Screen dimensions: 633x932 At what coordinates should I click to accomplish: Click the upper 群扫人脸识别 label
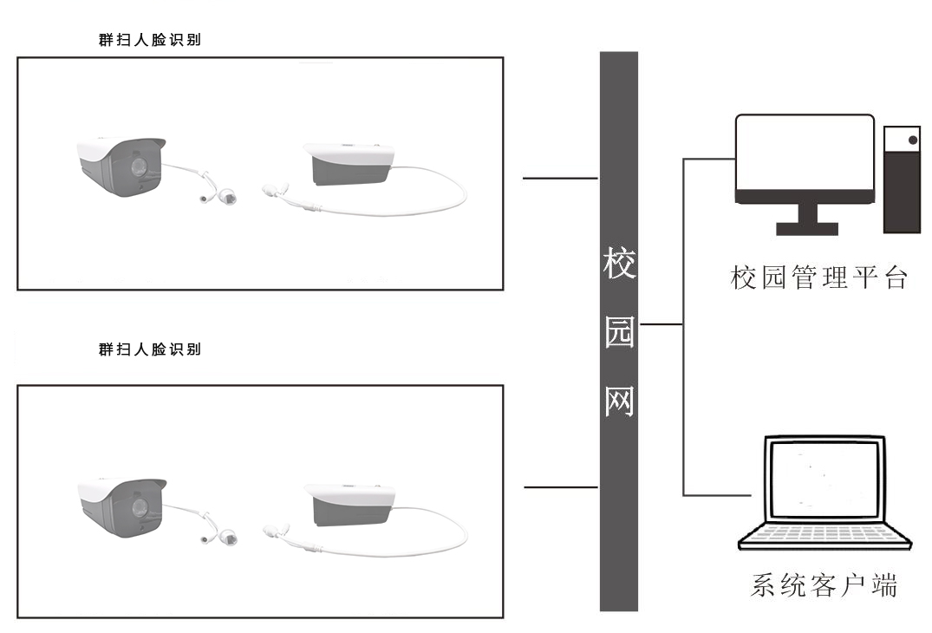tap(149, 40)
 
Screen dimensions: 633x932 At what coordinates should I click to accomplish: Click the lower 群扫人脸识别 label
tap(149, 349)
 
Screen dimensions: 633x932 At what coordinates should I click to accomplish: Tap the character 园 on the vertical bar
tap(619, 332)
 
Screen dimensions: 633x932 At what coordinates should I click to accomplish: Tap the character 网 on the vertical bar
tap(619, 400)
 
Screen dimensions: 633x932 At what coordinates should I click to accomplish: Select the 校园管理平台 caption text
tap(818, 278)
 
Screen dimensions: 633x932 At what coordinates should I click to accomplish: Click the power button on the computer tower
tap(911, 140)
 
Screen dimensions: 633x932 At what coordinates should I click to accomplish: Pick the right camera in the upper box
tap(349, 166)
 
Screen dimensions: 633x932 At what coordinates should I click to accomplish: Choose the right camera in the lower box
tap(349, 506)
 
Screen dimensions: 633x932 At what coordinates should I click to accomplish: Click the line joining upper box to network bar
tap(560, 179)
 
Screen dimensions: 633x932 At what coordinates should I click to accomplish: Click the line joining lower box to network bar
tap(560, 487)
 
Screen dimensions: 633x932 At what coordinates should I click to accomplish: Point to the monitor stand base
tap(806, 229)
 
